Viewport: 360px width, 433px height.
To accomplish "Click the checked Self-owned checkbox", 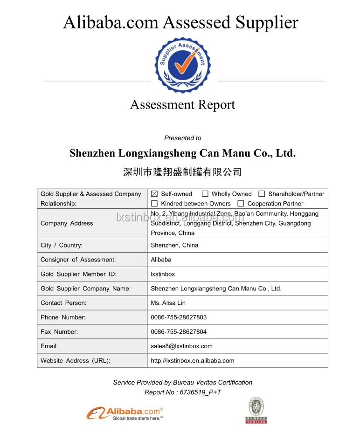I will [x=154, y=194].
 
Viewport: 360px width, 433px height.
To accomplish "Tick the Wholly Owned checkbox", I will [x=205, y=194].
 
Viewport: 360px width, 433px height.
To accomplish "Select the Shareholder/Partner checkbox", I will [x=262, y=194].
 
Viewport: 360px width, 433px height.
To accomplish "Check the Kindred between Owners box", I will [x=154, y=204].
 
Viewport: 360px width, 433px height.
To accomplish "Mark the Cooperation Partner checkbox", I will [x=241, y=204].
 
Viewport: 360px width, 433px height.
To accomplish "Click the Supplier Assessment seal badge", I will [x=180, y=65].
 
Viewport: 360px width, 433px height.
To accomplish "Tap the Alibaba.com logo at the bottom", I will [x=125, y=412].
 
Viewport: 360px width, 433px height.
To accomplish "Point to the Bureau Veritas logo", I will [x=256, y=410].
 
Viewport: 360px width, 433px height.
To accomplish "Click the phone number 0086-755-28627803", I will [x=179, y=317].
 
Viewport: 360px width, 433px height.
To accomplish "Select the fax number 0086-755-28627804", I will [x=179, y=332].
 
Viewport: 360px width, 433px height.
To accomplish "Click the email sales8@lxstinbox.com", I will [x=181, y=346].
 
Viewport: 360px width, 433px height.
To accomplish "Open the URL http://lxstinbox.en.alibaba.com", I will [x=192, y=361].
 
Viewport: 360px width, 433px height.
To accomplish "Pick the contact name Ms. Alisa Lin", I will [x=168, y=303].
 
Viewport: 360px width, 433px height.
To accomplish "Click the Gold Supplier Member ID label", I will [x=78, y=274].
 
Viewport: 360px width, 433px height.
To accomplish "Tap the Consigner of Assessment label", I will [x=78, y=260].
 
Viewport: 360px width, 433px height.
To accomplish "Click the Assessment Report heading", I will [x=182, y=105].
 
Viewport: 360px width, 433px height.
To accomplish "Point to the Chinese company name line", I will [x=182, y=172].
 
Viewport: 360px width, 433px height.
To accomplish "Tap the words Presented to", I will [x=182, y=138].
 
